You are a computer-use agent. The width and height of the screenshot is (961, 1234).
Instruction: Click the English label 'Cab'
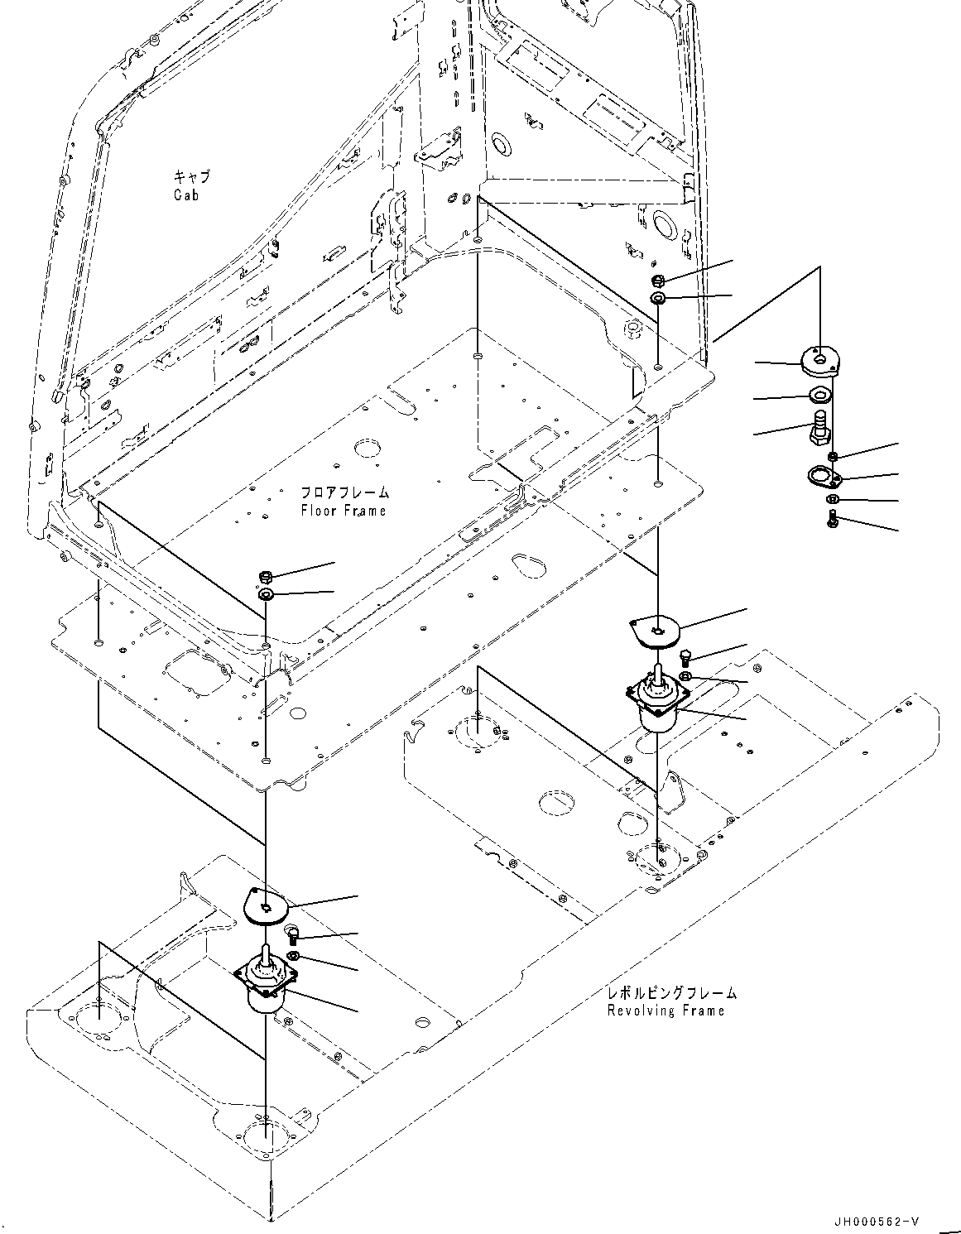(x=186, y=195)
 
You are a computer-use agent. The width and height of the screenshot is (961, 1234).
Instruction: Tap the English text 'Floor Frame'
(x=343, y=511)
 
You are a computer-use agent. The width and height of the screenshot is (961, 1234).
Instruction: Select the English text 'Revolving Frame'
(x=665, y=1010)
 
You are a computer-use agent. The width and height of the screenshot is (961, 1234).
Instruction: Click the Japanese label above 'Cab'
(x=191, y=177)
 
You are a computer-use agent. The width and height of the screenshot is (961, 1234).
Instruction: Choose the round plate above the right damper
(x=655, y=630)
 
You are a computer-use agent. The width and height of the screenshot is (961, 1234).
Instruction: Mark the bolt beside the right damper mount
(x=684, y=656)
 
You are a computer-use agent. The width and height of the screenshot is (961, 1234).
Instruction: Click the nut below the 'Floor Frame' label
(x=267, y=575)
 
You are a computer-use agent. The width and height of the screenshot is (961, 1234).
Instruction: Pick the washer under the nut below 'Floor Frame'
(x=267, y=595)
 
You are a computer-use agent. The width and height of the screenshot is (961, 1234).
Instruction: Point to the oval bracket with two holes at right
(x=824, y=476)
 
